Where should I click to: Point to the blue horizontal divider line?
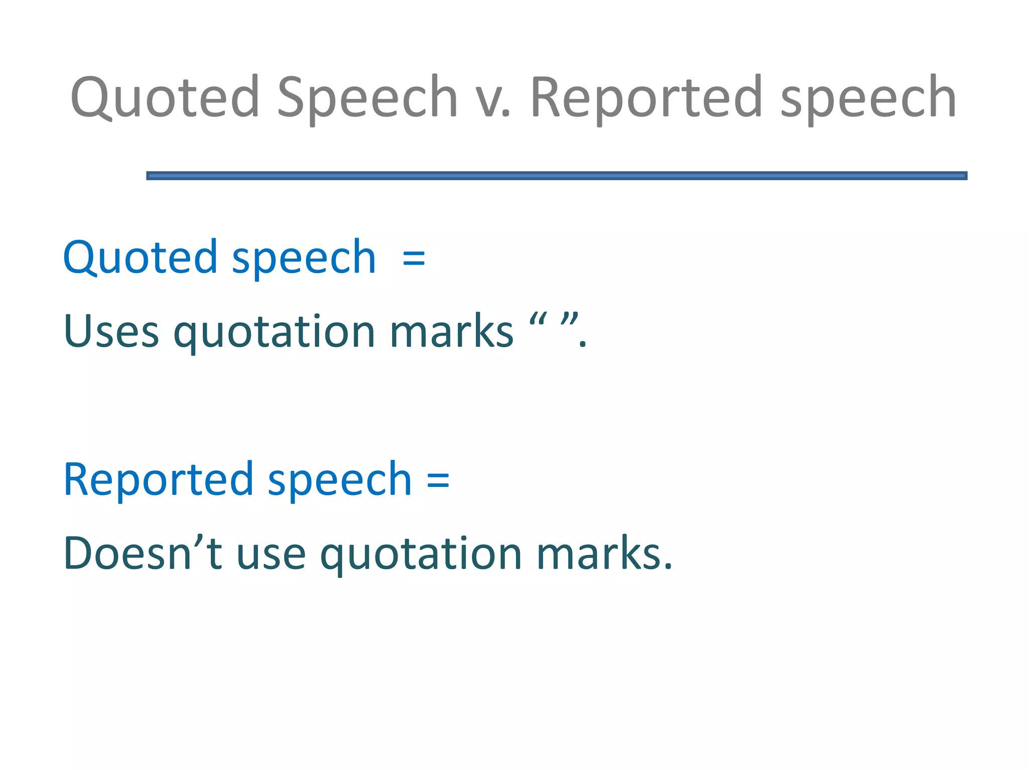coord(556,175)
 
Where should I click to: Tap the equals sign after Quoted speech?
coord(414,259)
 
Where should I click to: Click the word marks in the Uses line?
coord(451,331)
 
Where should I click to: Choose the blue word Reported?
coord(158,479)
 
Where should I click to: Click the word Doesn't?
coord(143,553)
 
